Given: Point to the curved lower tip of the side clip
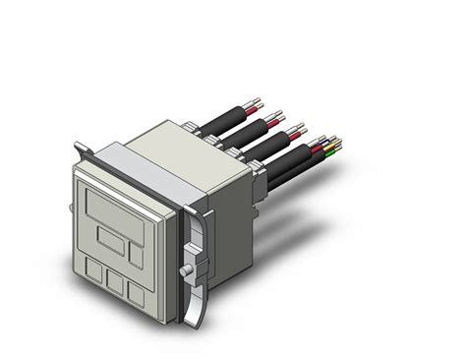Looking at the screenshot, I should coord(197,318).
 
